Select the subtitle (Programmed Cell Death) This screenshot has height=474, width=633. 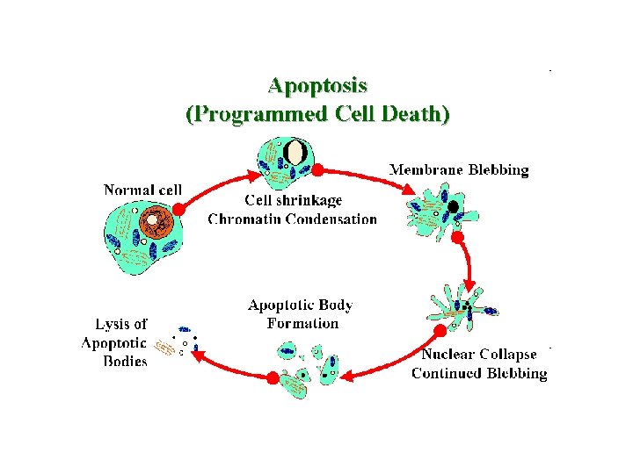pyautogui.click(x=317, y=114)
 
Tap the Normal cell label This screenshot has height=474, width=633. pyautogui.click(x=142, y=190)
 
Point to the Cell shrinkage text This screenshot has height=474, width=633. pyautogui.click(x=281, y=200)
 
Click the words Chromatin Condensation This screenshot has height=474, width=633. pyautogui.click(x=293, y=219)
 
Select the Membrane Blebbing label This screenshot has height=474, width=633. pyautogui.click(x=459, y=170)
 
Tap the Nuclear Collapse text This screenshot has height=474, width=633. pyautogui.click(x=479, y=355)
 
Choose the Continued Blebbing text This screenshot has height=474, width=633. pyautogui.click(x=479, y=374)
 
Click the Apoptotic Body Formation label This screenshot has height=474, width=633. pyautogui.click(x=301, y=314)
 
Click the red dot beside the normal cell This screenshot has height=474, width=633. pyautogui.click(x=178, y=210)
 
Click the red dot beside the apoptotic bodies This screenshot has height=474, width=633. pyautogui.click(x=273, y=377)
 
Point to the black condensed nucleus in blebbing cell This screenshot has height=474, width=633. pyautogui.click(x=453, y=207)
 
